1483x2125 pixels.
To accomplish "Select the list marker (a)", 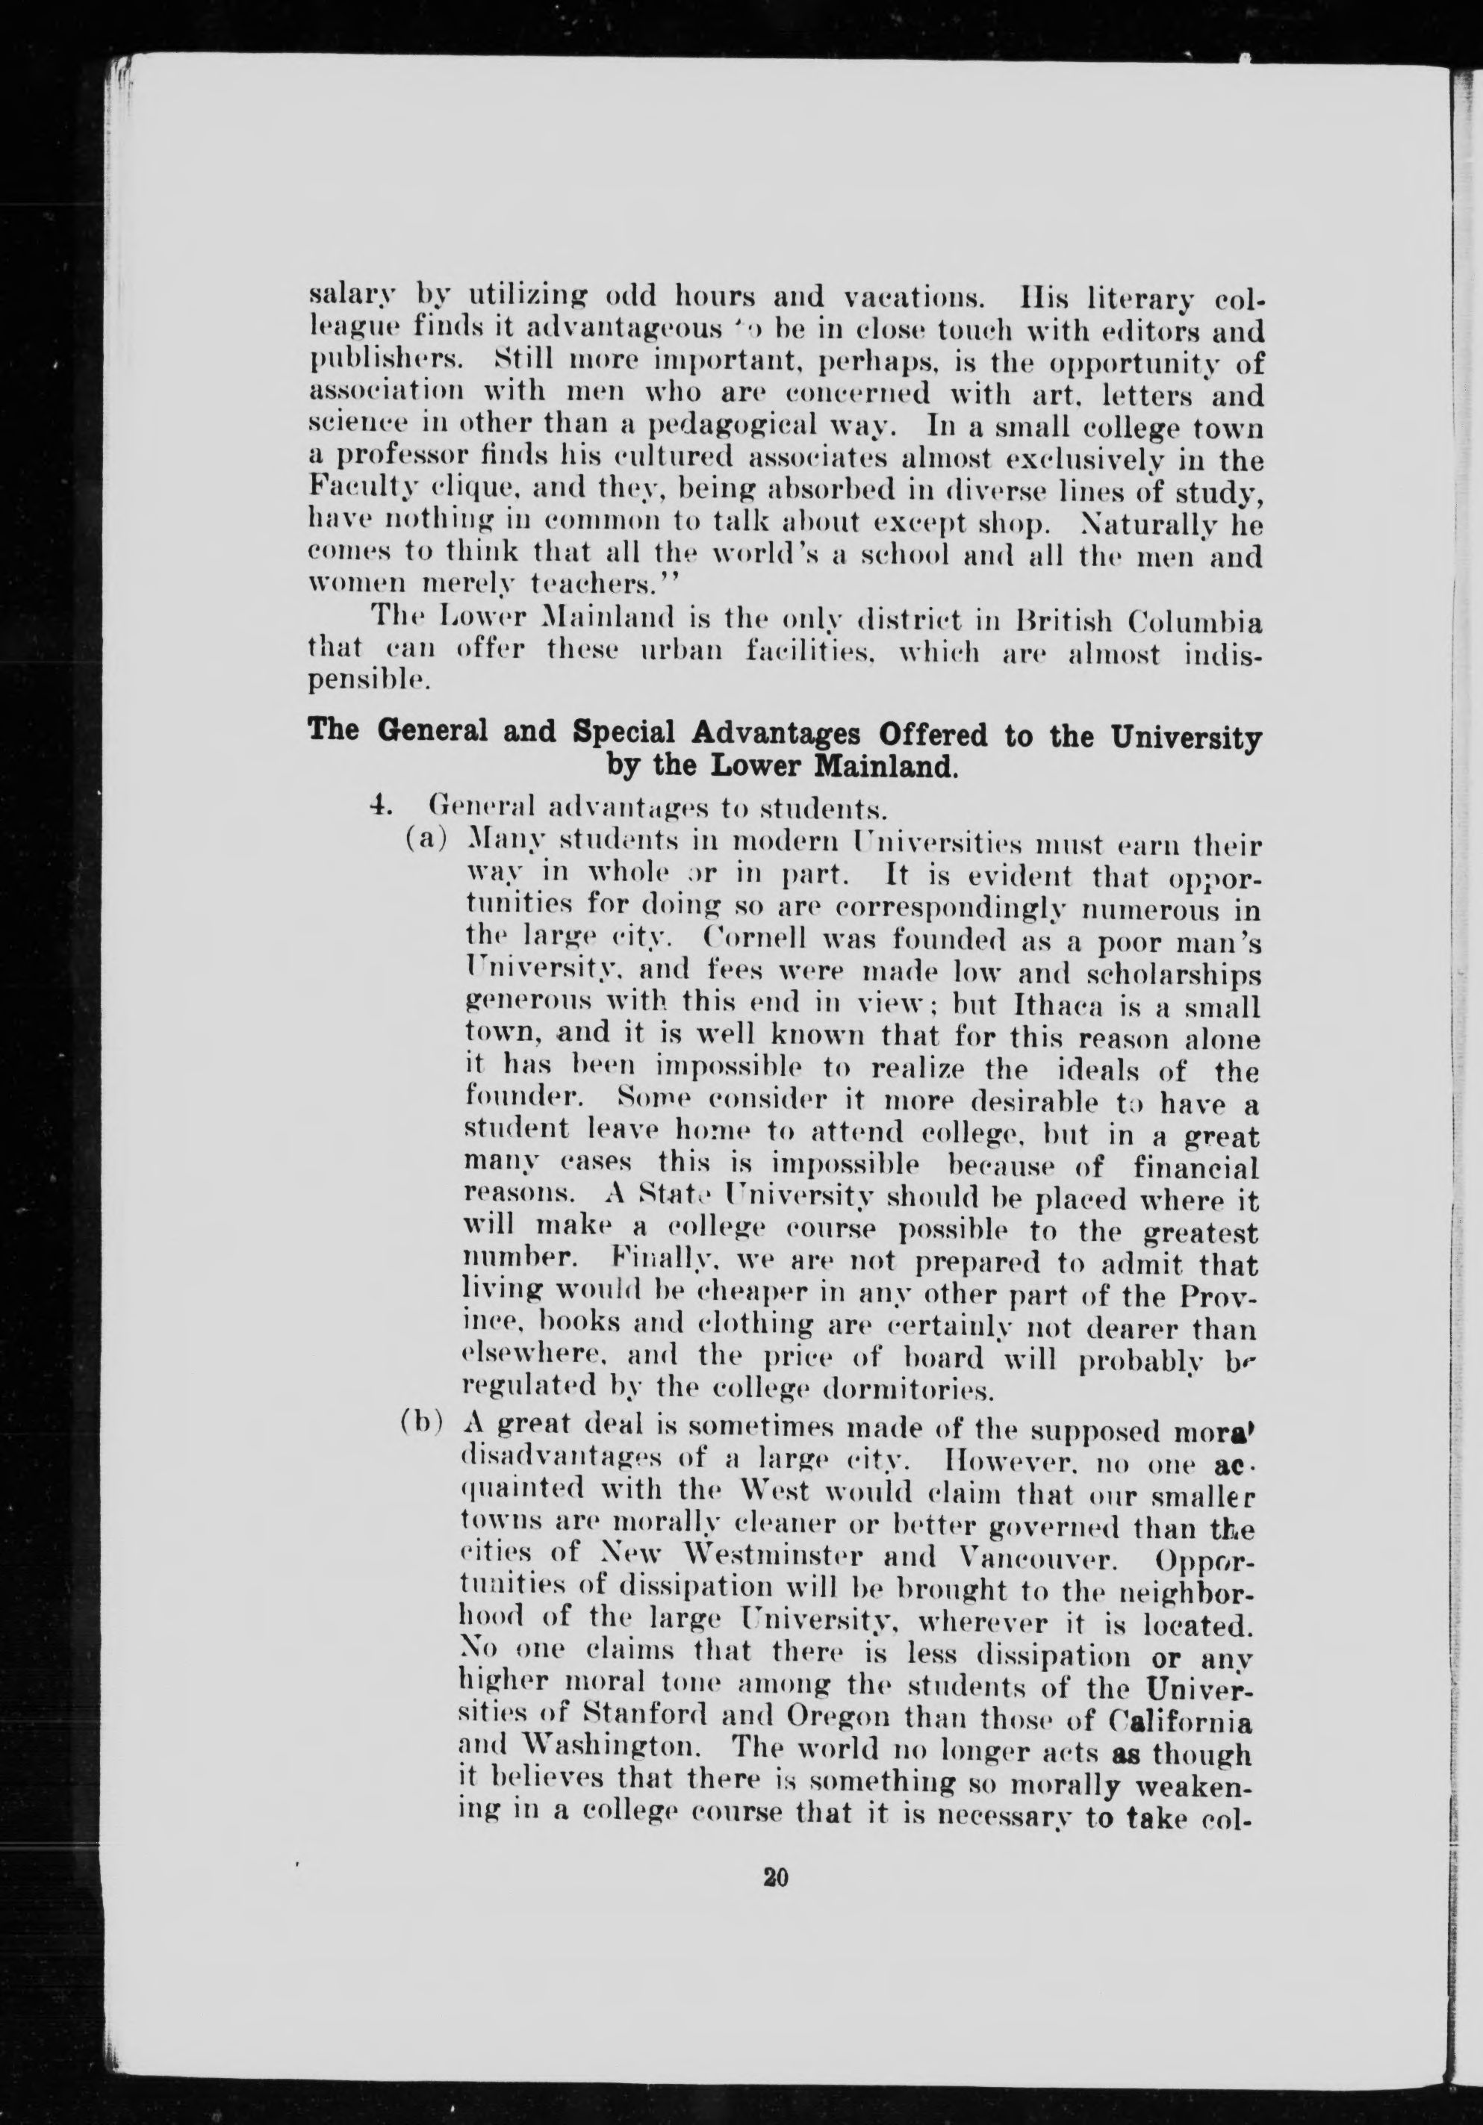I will tap(428, 843).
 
